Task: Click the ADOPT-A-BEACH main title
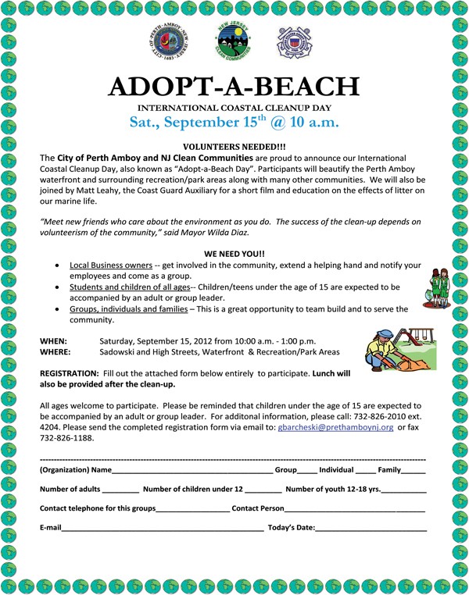[234, 84]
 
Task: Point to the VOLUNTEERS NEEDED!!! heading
[233, 146]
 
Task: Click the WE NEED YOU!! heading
[233, 255]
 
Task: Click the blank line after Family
[414, 472]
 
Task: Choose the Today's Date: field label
[292, 529]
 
